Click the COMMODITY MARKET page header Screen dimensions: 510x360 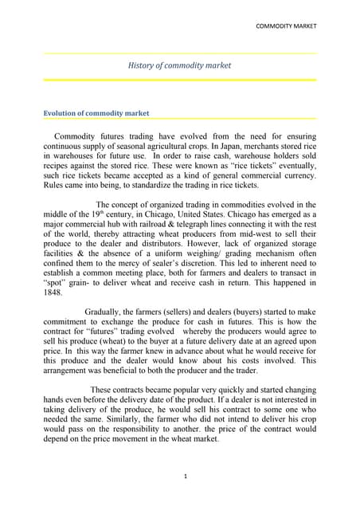[285, 26]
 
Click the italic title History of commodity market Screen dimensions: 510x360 [179, 65]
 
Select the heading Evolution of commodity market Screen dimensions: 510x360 [96, 113]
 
